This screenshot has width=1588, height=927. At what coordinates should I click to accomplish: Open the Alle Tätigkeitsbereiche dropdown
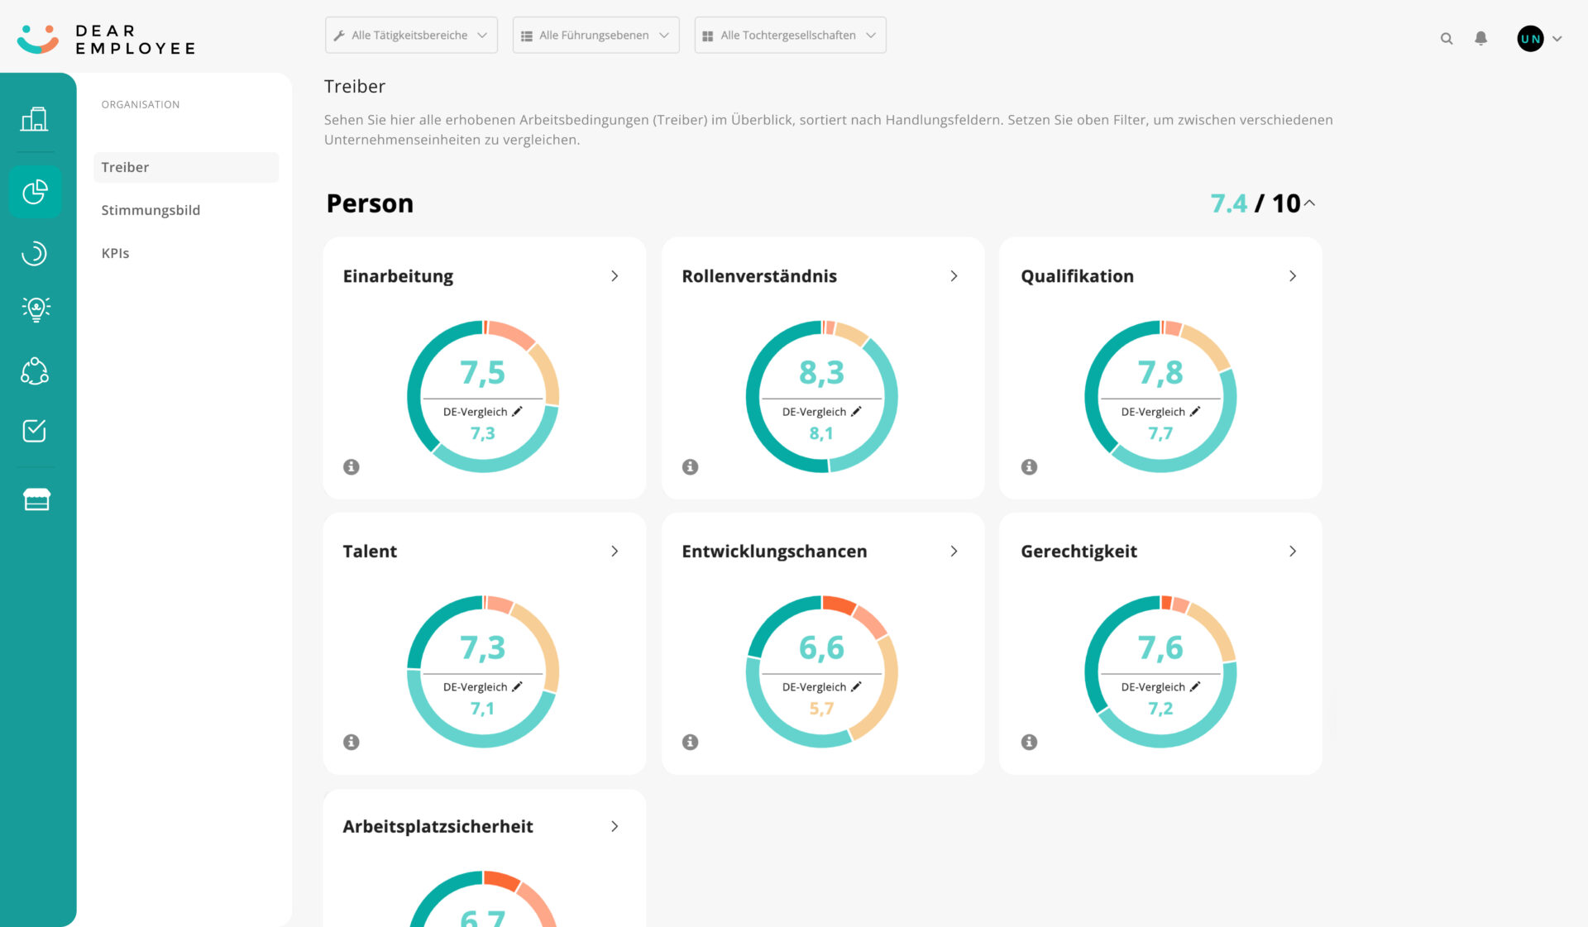coord(411,36)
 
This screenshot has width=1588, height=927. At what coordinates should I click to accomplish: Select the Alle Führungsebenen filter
coord(595,36)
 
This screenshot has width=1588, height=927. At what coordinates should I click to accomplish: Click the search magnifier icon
coord(1447,39)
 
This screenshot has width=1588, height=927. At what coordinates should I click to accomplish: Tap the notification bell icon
coord(1480,38)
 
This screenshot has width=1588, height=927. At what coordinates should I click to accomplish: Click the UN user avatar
coord(1530,38)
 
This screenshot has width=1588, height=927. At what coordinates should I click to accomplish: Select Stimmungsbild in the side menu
coord(151,210)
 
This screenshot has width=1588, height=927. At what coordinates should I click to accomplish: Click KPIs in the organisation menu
coord(115,253)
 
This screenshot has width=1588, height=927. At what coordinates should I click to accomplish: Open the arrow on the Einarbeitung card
coord(615,276)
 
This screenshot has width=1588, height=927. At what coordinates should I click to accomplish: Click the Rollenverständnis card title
coord(758,276)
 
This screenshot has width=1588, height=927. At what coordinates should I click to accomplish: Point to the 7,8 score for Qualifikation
coord(1160,373)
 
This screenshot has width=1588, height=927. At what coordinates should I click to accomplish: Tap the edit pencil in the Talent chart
coord(517,686)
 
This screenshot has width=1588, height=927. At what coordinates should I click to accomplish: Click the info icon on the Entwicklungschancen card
coord(690,742)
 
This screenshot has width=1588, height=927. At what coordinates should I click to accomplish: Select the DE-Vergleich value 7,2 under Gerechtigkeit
coord(1160,709)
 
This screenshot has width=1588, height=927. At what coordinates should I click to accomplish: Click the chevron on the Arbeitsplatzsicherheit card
coord(615,826)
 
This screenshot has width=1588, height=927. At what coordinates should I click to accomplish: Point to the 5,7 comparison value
coord(821,709)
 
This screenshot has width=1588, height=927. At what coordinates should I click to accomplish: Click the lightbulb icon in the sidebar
coord(36,309)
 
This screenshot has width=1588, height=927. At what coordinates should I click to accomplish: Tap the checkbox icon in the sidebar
coord(35,431)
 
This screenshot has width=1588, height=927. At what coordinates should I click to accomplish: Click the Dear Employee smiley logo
coord(38,39)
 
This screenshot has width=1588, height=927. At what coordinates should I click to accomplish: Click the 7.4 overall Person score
coord(1228,203)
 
